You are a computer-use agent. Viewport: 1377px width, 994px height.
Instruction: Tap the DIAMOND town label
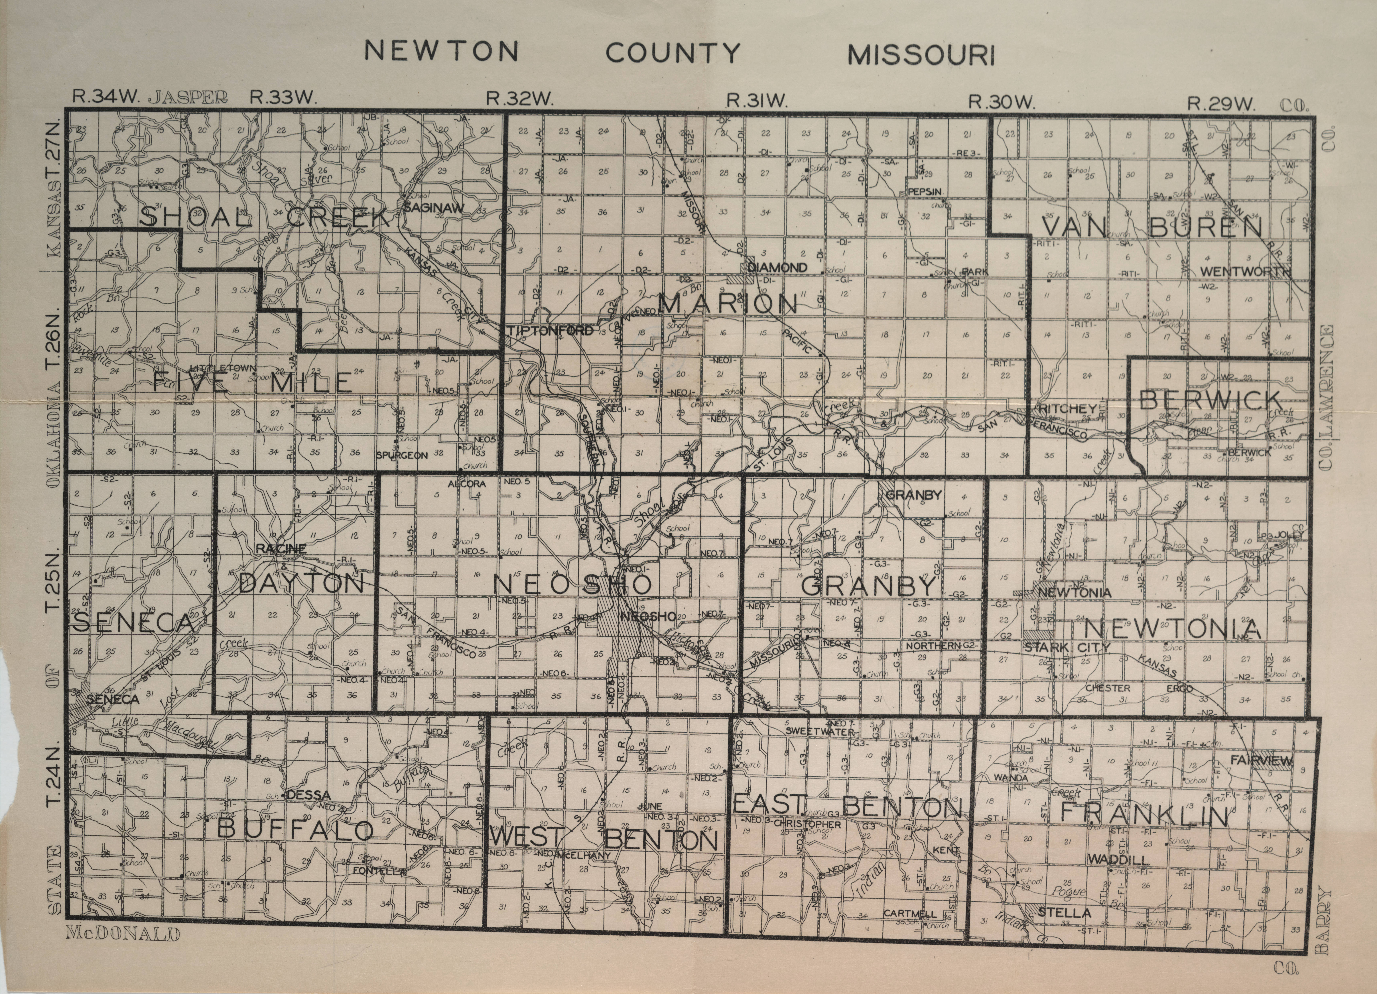778,267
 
